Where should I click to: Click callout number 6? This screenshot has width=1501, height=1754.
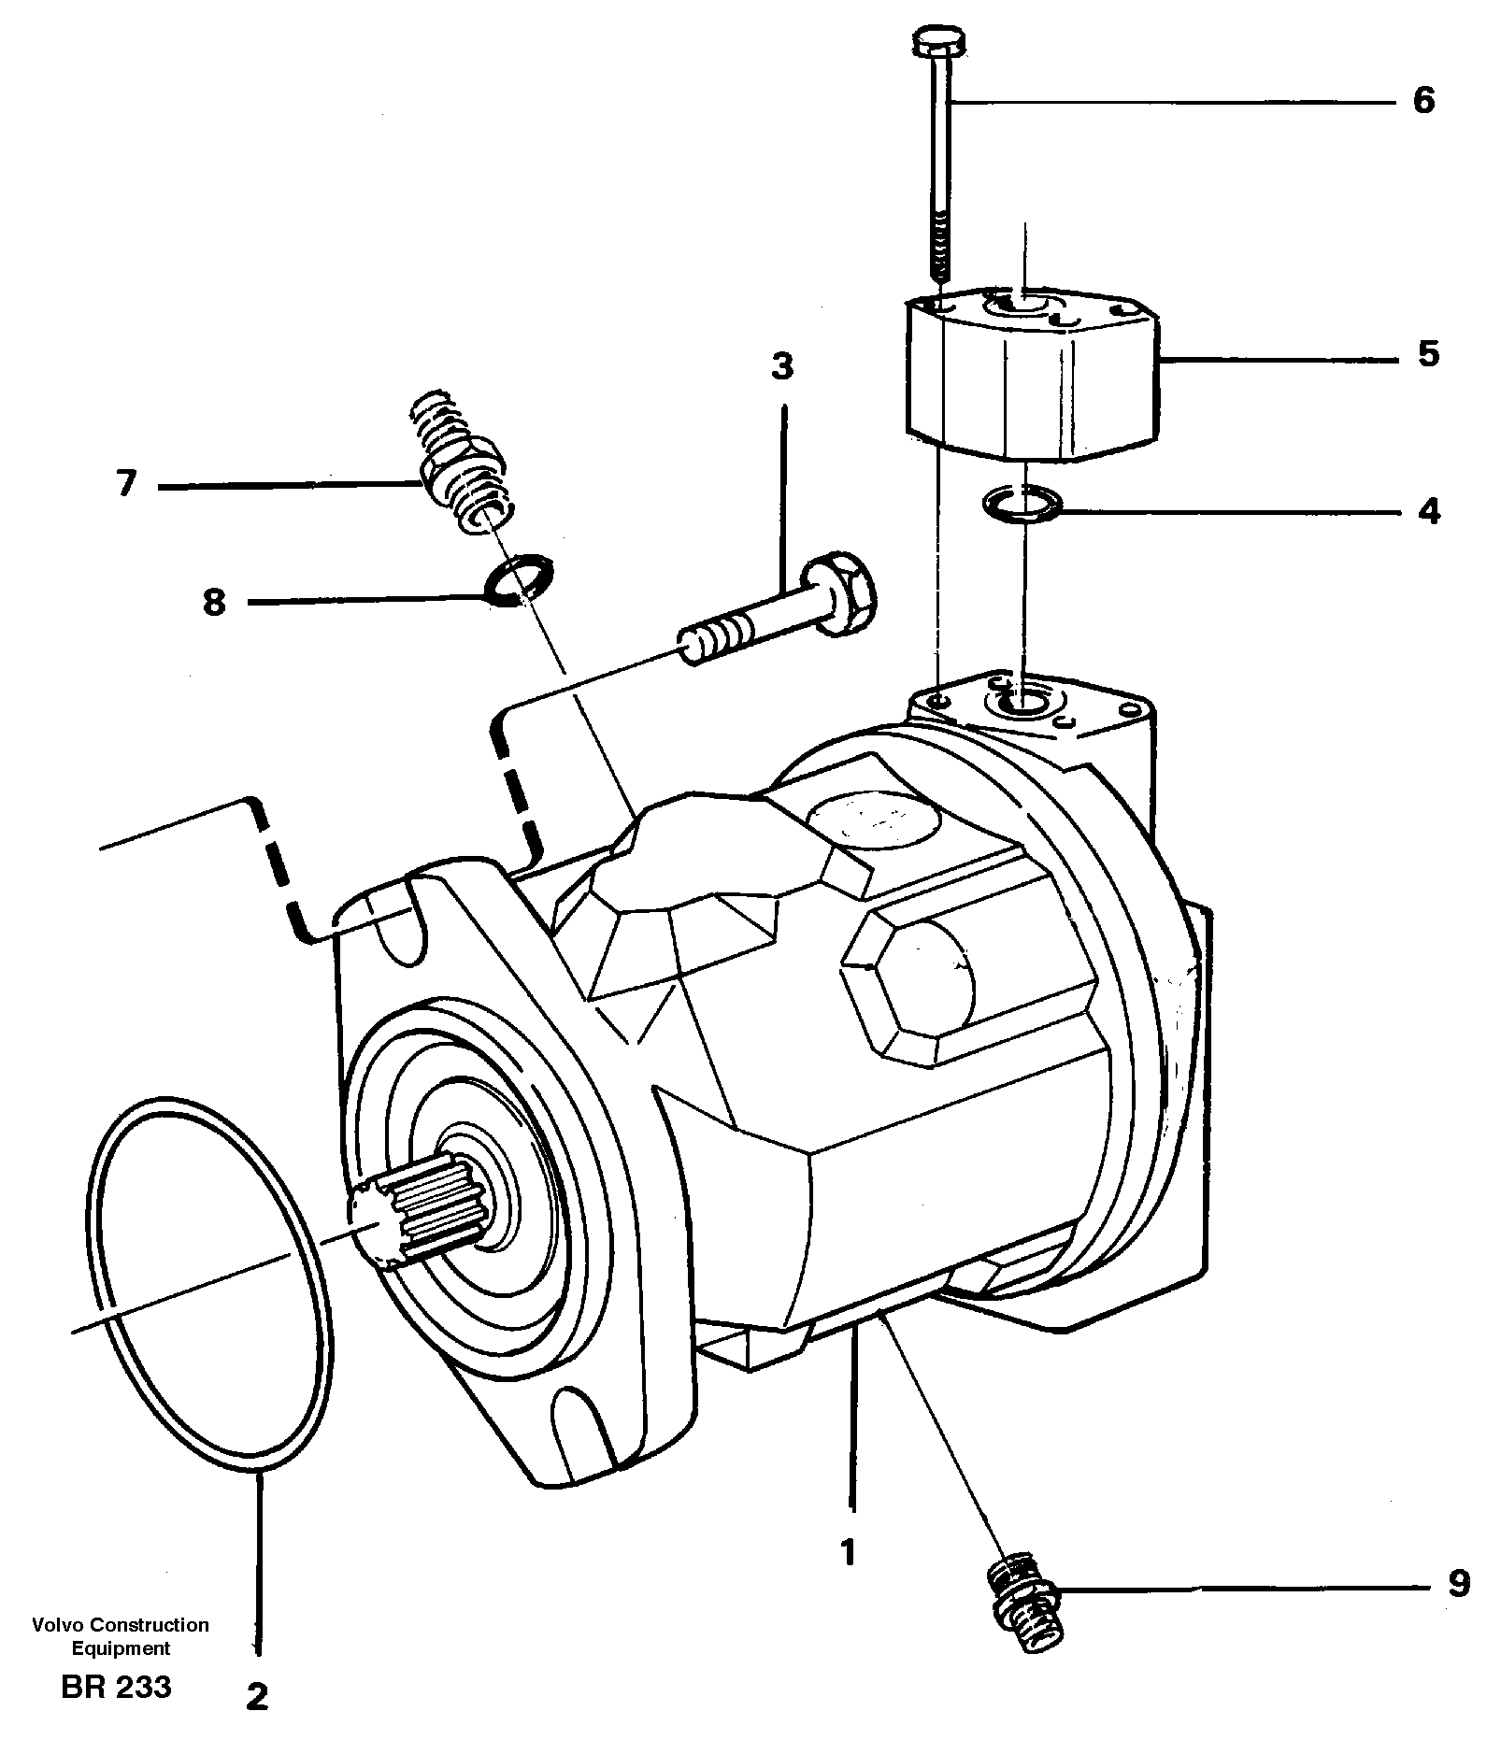pyautogui.click(x=1422, y=101)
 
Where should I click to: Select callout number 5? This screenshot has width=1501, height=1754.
pyautogui.click(x=1427, y=355)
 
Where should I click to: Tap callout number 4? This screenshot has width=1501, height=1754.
pyautogui.click(x=1428, y=512)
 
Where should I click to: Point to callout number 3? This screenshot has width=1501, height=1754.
pyautogui.click(x=782, y=367)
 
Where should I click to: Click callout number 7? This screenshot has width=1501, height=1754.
pyautogui.click(x=126, y=485)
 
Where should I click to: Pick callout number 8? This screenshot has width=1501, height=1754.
pyautogui.click(x=214, y=603)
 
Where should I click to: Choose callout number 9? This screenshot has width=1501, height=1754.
pyautogui.click(x=1457, y=1583)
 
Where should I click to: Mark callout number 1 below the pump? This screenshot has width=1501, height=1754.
pyautogui.click(x=848, y=1553)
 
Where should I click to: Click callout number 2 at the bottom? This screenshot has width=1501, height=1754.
pyautogui.click(x=257, y=1697)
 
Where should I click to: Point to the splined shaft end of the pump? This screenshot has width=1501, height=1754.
pyautogui.click(x=421, y=1220)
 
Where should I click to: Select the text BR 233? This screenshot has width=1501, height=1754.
pyautogui.click(x=116, y=1688)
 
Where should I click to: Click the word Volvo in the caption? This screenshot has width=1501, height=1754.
pyautogui.click(x=52, y=1626)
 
